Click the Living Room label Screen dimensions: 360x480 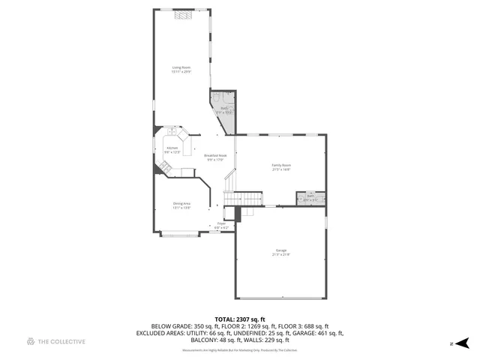pos(181,68)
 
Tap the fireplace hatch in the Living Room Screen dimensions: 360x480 pos(181,13)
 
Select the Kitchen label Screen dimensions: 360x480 pos(172,148)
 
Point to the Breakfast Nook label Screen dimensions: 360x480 pos(215,156)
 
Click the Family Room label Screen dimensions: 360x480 pos(280,165)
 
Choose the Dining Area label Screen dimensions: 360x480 pos(181,204)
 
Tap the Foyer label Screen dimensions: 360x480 pos(221,223)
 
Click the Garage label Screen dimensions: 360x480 pos(280,250)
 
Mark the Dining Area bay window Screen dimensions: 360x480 pos(181,235)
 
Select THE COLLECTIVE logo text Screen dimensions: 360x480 pos(61,341)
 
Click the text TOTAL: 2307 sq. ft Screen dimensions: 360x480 pos(240,319)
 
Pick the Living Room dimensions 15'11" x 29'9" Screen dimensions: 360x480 pos(181,73)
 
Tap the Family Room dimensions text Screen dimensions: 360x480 pos(280,169)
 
